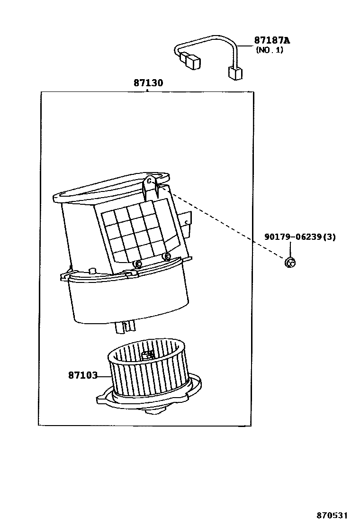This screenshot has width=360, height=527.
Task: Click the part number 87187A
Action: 272,41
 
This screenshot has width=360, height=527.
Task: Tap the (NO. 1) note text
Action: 270,50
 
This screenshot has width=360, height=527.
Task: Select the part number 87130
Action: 148,83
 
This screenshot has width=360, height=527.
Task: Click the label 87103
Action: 82,375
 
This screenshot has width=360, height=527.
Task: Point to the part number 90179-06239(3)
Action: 300,237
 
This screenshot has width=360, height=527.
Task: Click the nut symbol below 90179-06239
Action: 289,262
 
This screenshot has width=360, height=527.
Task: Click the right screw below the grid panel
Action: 166,256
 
